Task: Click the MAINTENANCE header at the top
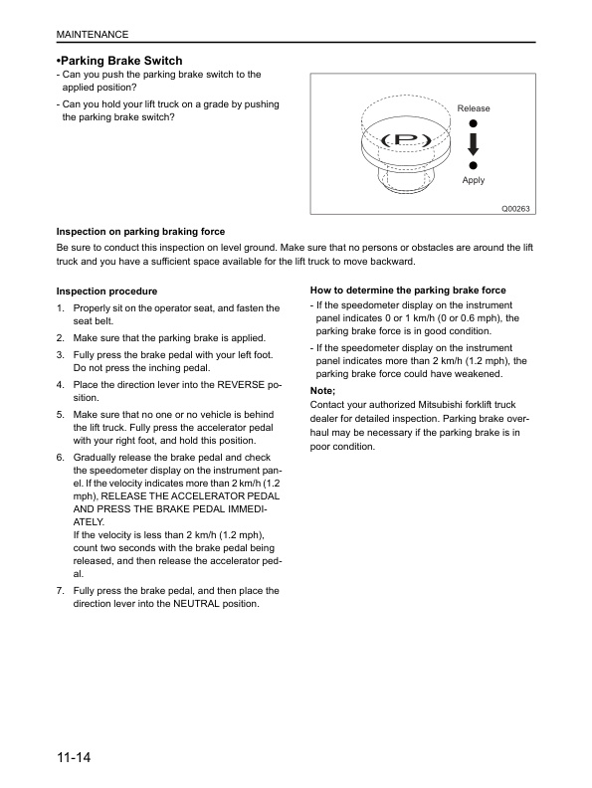(x=93, y=34)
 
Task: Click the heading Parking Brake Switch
(x=119, y=61)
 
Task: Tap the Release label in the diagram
(x=474, y=108)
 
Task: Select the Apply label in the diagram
(x=474, y=180)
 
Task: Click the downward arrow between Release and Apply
(x=473, y=144)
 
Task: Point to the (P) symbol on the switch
(x=406, y=139)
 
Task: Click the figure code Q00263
(x=515, y=209)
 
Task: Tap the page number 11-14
(x=74, y=757)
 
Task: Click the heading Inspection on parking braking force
(x=140, y=232)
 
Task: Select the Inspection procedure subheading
(x=106, y=292)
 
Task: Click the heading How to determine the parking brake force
(x=408, y=290)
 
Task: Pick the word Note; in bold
(x=322, y=390)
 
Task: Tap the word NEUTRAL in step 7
(x=196, y=604)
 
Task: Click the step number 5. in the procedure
(x=61, y=415)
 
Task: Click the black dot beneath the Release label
(x=473, y=123)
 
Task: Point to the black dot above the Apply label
(x=473, y=165)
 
